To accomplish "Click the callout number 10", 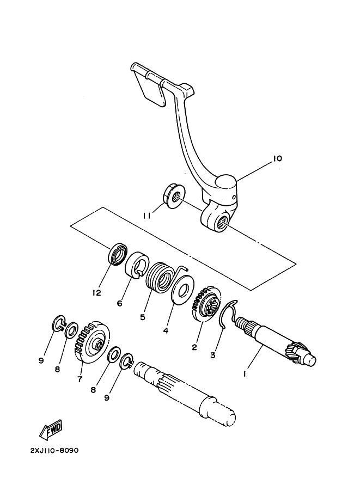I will point(277,159).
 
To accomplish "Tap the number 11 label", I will point(147,216).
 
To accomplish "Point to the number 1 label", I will point(246,375).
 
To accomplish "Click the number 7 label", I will point(80,379).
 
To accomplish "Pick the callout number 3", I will point(213,355).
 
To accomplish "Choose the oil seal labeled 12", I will point(117,255).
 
